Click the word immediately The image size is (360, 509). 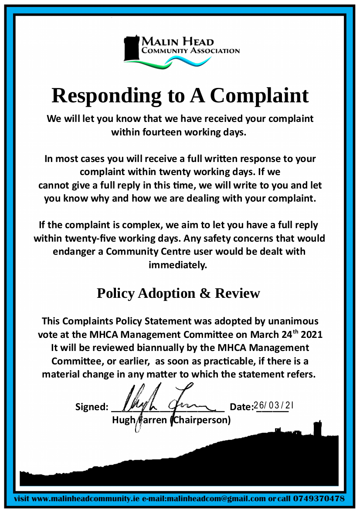pos(178,265)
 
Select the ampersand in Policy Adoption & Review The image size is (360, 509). pos(204,293)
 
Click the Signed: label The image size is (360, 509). pos(92,407)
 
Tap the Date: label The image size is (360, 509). pos(241,407)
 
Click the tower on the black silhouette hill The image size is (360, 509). pos(318,428)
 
